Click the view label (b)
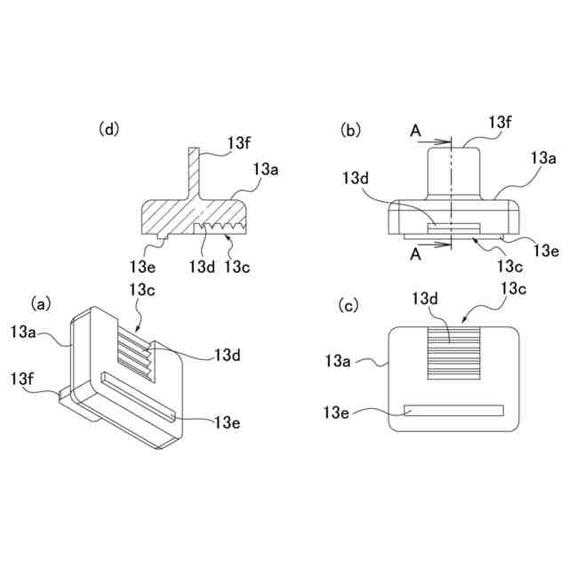[351, 130]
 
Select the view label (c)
[351, 306]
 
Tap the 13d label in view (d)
[201, 265]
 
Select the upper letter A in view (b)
[415, 131]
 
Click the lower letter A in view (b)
[415, 253]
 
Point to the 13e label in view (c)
[339, 412]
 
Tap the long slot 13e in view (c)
[453, 411]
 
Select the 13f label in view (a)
[25, 379]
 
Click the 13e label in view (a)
[227, 421]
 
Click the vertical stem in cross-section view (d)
[193, 172]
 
